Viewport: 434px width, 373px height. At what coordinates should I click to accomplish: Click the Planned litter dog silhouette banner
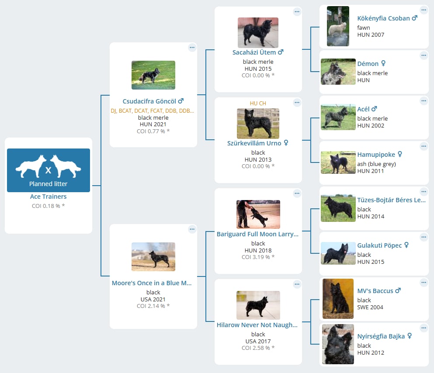pyautogui.click(x=49, y=170)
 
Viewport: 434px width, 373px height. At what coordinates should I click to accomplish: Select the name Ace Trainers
pyautogui.click(x=49, y=197)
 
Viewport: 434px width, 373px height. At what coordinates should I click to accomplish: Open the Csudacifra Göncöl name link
pyautogui.click(x=149, y=101)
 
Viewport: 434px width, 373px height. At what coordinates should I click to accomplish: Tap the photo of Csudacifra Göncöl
pyautogui.click(x=153, y=75)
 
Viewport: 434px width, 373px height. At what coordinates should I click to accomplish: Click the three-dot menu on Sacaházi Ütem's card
pyautogui.click(x=297, y=12)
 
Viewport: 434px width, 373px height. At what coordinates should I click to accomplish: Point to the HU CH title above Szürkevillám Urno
pyautogui.click(x=258, y=104)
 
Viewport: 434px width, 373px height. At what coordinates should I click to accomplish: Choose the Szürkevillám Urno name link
pyautogui.click(x=254, y=143)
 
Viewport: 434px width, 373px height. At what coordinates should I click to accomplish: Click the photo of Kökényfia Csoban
pyautogui.click(x=338, y=26)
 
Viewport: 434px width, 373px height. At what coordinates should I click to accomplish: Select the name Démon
pyautogui.click(x=368, y=64)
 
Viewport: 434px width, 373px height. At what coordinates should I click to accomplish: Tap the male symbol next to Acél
pyautogui.click(x=374, y=109)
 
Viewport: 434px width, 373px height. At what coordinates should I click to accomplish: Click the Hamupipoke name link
pyautogui.click(x=376, y=155)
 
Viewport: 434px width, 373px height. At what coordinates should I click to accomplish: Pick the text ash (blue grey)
pyautogui.click(x=376, y=164)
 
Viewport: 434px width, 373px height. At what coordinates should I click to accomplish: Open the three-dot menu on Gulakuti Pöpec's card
pyautogui.click(x=424, y=237)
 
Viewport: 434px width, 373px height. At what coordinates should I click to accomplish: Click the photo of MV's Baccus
pyautogui.click(x=338, y=299)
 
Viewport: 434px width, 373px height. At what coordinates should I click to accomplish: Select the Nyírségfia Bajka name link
pyautogui.click(x=381, y=336)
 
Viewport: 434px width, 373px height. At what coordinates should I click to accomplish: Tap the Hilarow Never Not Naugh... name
pyautogui.click(x=257, y=325)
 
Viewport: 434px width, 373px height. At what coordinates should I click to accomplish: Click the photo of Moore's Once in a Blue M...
pyautogui.click(x=153, y=256)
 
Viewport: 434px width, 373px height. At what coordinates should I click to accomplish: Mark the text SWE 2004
pyautogui.click(x=370, y=307)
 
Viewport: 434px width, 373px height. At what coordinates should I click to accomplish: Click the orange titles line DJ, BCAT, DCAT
pyautogui.click(x=152, y=111)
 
